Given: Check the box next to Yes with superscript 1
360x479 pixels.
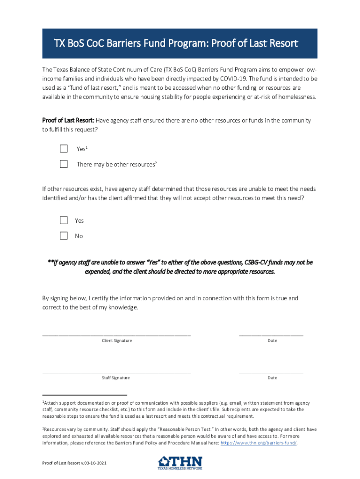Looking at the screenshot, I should tap(64, 149).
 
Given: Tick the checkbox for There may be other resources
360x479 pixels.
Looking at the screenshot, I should tap(64, 164).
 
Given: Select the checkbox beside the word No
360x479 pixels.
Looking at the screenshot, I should tap(64, 236).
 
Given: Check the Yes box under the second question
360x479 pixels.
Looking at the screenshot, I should tap(64, 220).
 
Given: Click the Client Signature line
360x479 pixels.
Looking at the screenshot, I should tap(116, 334).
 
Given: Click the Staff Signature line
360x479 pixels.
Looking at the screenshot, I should tap(116, 371).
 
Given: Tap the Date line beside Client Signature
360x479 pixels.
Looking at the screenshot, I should tap(271, 334).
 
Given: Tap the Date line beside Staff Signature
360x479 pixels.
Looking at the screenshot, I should tap(271, 371).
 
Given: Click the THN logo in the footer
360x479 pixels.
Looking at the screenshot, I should tap(180, 463).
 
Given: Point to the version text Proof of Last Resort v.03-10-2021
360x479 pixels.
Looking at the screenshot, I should tap(74, 463).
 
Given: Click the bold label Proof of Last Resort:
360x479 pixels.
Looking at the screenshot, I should tap(68, 121).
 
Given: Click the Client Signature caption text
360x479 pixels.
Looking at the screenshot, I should tap(117, 341).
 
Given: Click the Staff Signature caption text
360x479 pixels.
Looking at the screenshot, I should tap(116, 378).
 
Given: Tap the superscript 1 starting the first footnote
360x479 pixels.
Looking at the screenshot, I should tap(43, 402).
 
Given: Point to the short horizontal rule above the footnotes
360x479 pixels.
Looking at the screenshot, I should tap(85, 395).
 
